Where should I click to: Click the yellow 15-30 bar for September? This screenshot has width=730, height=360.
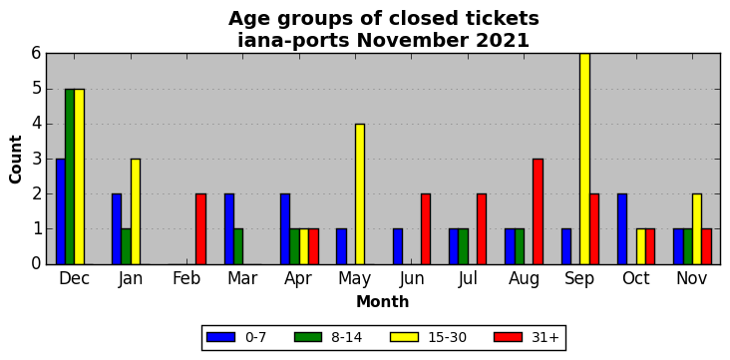(x=584, y=159)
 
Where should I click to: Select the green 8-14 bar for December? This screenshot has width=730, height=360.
(x=70, y=177)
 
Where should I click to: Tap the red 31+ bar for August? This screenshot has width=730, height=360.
(x=538, y=211)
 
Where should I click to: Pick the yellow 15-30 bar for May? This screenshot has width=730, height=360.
(x=360, y=194)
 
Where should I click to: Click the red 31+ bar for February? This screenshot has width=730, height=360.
(x=200, y=229)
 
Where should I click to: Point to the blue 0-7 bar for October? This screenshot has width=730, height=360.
(x=622, y=229)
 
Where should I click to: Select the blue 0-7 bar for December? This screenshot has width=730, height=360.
(x=61, y=211)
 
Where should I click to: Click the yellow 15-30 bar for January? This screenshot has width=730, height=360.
(x=136, y=211)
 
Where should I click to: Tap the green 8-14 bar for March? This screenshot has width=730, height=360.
(x=238, y=247)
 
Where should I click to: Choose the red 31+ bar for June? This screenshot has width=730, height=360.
(x=426, y=229)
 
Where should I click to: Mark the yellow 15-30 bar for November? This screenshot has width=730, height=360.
(x=697, y=229)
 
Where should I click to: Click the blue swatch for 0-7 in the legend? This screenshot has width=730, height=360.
(x=220, y=337)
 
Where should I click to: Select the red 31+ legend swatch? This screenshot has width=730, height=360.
(x=508, y=337)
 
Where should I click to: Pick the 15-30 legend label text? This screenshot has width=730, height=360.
(x=448, y=337)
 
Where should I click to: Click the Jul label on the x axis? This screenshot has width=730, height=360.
(x=468, y=278)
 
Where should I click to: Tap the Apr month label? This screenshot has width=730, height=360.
(x=298, y=279)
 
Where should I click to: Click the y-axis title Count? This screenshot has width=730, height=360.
(x=16, y=160)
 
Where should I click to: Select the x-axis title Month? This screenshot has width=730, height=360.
(x=383, y=302)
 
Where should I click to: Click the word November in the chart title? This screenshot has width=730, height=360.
(x=413, y=41)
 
